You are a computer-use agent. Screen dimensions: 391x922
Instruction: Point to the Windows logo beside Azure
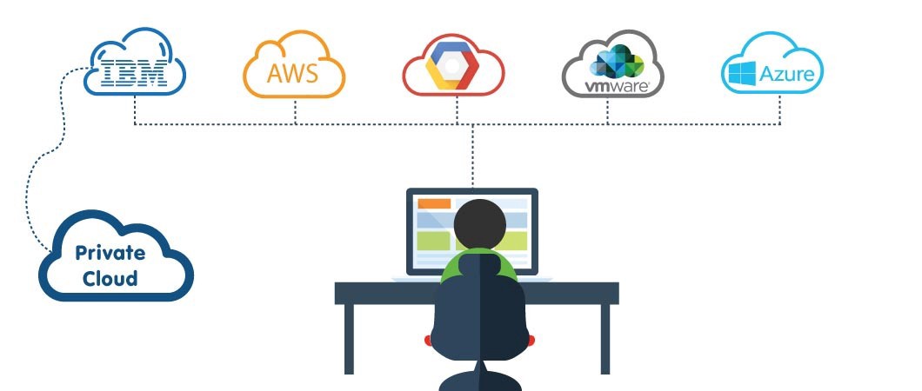(741, 73)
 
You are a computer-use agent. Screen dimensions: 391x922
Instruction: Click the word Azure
(786, 74)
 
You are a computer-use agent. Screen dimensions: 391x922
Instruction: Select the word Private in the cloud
(110, 253)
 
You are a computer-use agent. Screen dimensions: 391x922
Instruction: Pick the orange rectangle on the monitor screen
(434, 203)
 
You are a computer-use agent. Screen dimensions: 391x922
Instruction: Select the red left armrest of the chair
(428, 337)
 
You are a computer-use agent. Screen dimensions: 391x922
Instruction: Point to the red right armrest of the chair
(531, 337)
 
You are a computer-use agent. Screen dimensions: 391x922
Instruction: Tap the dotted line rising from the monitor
(472, 156)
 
